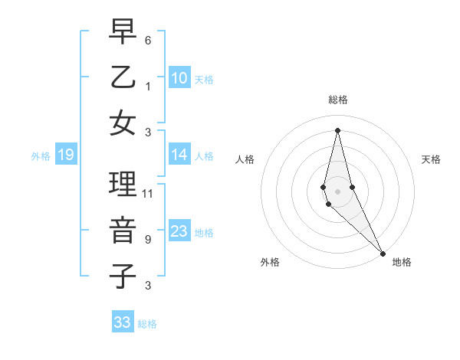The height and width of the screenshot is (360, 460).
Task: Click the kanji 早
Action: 123,31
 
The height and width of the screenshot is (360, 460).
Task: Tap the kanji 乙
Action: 123,77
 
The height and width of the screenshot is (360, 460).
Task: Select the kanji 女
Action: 123,123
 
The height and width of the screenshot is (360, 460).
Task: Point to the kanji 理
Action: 123,185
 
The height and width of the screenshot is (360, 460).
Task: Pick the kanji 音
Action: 123,231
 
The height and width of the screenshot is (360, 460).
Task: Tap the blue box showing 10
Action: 179,78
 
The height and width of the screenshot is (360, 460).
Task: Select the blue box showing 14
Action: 179,155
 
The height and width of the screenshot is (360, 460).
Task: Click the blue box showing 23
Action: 179,231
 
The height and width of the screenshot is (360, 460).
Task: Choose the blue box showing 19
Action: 65,155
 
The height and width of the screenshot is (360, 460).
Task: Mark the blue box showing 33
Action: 122,322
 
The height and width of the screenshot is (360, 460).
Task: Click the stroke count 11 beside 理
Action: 148,194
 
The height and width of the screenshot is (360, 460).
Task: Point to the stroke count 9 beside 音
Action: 148,240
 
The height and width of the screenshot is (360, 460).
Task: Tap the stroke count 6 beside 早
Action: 148,41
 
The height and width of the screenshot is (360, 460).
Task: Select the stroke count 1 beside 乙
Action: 148,86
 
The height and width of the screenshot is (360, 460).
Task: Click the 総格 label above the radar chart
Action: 338,100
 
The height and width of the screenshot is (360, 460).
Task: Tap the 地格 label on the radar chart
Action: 402,262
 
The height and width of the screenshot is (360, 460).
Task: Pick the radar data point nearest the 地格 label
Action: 382,253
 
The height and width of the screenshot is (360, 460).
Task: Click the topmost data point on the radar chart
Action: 338,130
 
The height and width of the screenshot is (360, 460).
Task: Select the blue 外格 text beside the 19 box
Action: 41,156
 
